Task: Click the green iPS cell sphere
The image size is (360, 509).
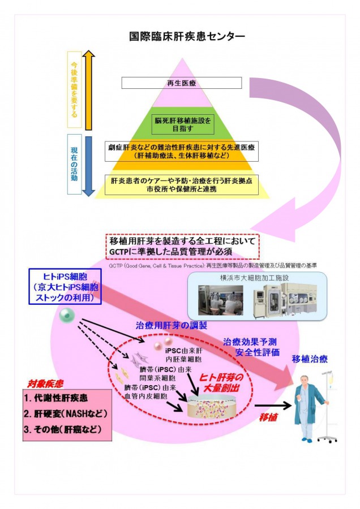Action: pos(66,314)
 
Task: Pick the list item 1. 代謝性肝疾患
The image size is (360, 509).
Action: pos(58,398)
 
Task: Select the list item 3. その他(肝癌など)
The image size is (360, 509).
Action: pos(63,429)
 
